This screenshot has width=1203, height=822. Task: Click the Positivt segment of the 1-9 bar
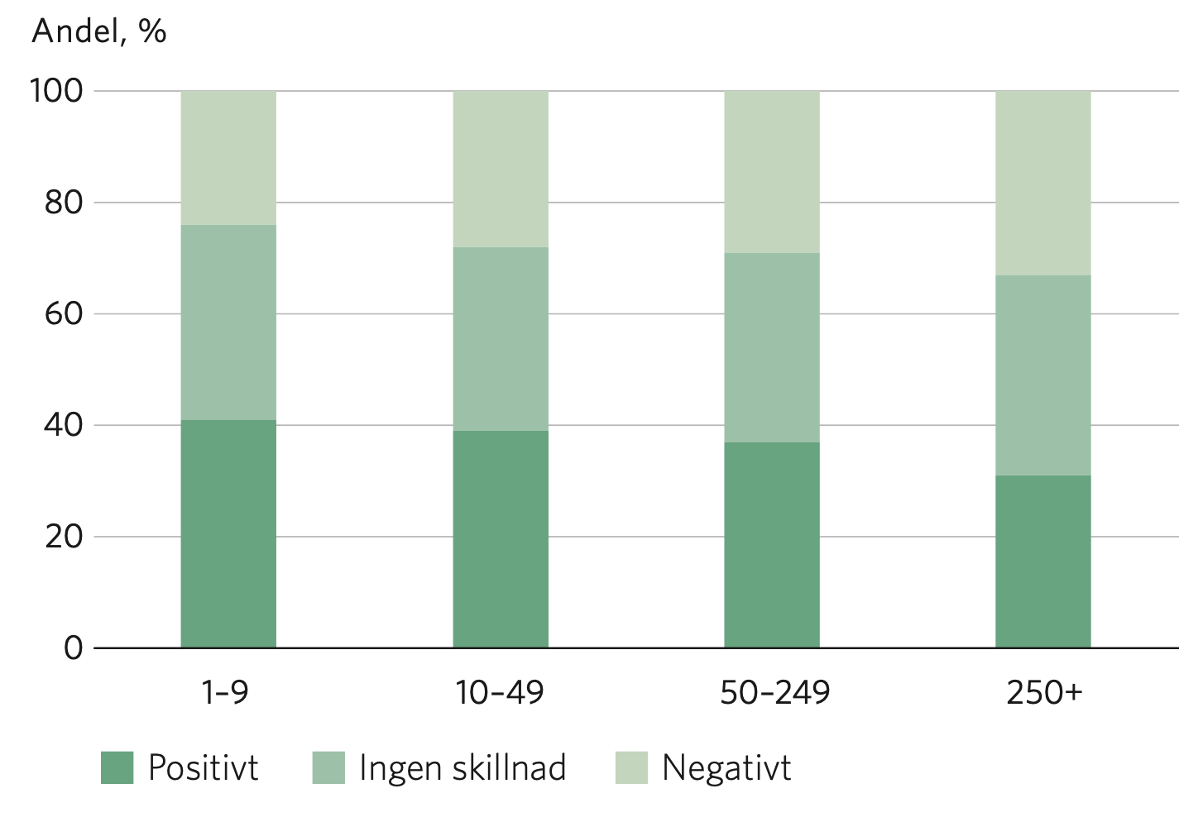click(228, 533)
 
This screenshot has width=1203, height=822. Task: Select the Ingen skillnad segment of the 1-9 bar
click(228, 323)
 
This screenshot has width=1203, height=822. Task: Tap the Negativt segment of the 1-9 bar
click(228, 158)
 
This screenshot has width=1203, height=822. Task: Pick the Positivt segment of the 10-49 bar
click(501, 539)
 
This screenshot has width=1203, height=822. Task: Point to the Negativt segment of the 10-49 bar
click(501, 169)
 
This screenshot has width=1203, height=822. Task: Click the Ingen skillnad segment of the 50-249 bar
click(772, 347)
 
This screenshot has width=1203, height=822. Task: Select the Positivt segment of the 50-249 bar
click(772, 545)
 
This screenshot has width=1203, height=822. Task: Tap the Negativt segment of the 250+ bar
click(1042, 183)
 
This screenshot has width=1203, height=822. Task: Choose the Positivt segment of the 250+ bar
click(1042, 562)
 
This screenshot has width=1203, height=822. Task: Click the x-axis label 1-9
click(225, 692)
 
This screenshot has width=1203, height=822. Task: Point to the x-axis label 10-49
click(500, 692)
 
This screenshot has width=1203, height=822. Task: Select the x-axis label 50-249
click(774, 692)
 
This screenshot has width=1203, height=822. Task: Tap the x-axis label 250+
click(1044, 692)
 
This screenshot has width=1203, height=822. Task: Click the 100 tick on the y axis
click(57, 91)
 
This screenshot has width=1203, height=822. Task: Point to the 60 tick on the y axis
click(64, 314)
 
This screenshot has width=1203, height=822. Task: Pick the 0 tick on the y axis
click(74, 648)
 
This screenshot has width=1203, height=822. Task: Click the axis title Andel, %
click(99, 31)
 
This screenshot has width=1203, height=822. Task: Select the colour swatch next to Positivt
click(117, 767)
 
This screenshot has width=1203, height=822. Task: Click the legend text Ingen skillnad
click(463, 767)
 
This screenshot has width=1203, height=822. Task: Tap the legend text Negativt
click(726, 767)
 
